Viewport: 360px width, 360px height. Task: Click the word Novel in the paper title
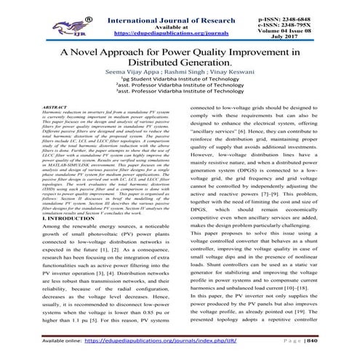98,53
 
